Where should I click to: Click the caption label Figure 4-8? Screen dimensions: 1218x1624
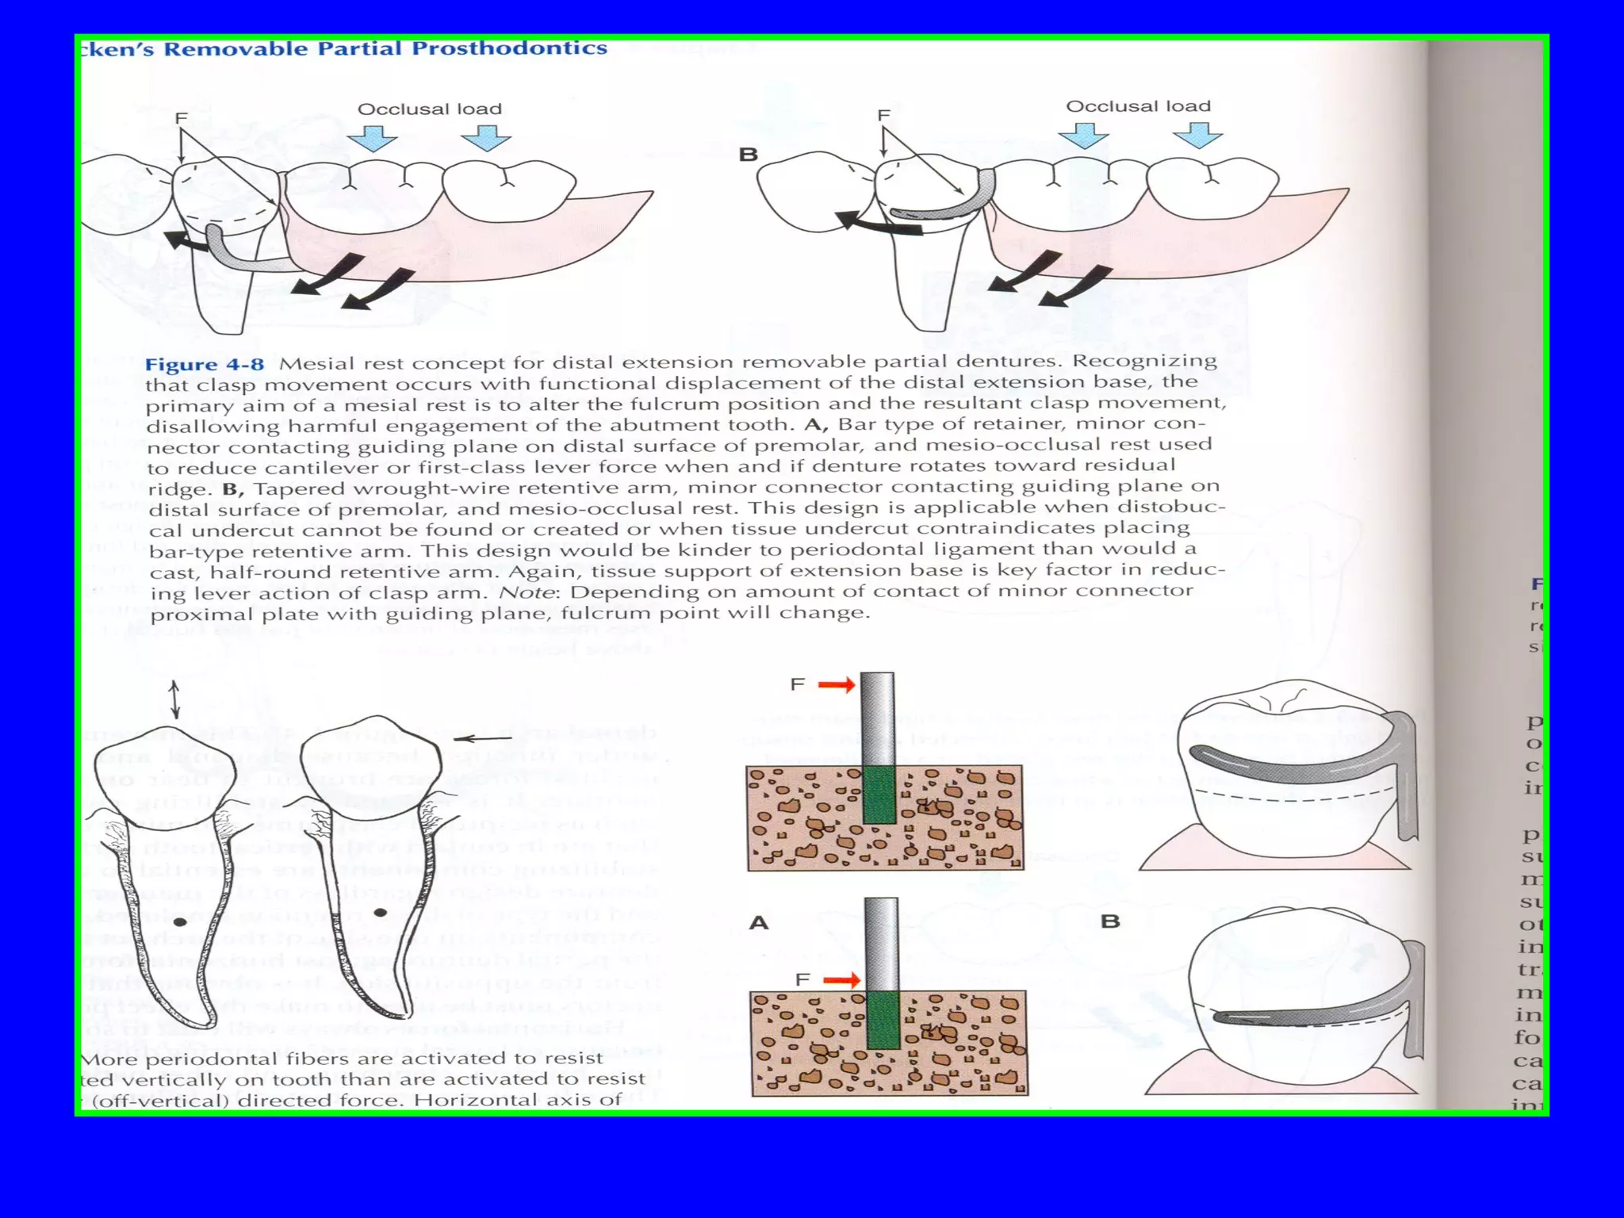(204, 365)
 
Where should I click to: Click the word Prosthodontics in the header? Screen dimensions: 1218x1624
(509, 48)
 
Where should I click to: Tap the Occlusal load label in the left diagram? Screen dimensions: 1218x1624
(429, 109)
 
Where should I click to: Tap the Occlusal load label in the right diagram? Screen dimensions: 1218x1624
(1138, 106)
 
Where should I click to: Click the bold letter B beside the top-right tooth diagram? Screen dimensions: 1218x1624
(748, 155)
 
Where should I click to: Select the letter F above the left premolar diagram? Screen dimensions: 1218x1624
(181, 118)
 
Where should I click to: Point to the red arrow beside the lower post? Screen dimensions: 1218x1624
(841, 981)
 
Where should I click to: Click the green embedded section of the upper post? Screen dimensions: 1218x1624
(878, 794)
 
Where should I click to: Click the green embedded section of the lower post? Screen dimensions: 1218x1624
(883, 1020)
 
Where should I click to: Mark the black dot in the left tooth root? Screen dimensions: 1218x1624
(180, 922)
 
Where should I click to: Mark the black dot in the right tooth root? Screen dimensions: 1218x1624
(381, 913)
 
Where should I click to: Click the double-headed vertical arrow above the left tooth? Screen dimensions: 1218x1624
(175, 699)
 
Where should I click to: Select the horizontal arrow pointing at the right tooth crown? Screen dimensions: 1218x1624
(483, 738)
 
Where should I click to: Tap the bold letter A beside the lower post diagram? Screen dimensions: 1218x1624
(759, 923)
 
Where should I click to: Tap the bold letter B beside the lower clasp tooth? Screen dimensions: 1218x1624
(1110, 921)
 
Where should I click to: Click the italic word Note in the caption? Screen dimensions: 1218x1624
(527, 592)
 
